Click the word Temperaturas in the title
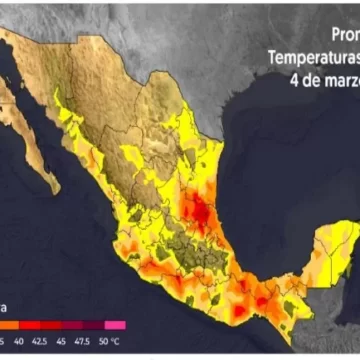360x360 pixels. [311, 57]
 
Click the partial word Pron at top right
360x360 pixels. [340, 35]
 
